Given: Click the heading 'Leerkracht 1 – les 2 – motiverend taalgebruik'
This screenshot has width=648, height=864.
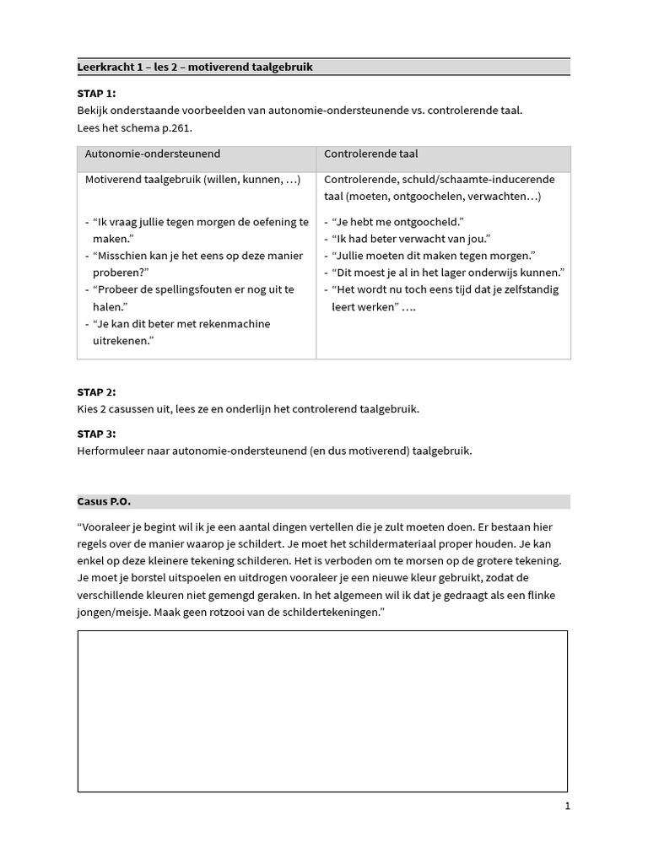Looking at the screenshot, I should (195, 67).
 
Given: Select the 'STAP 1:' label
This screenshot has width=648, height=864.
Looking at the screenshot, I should (97, 93).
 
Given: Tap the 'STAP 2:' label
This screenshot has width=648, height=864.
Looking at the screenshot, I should (97, 392).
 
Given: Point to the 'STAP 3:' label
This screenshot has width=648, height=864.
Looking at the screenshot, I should (97, 434).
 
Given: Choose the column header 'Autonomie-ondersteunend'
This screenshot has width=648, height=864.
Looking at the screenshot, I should (153, 154).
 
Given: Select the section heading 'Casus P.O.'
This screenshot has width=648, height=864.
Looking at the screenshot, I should (104, 501).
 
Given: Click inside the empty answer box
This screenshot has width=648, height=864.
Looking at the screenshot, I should (322, 710).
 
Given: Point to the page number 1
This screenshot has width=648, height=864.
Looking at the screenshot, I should (568, 806).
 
